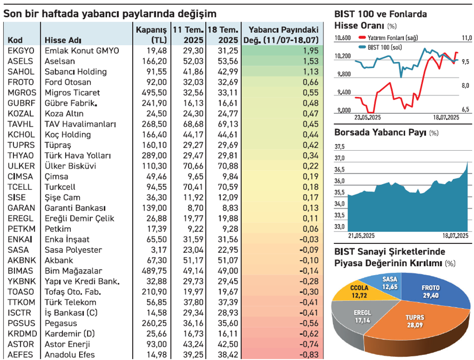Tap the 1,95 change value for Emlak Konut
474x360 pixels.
309,50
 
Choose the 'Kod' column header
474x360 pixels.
15,40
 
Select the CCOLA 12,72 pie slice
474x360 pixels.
357,290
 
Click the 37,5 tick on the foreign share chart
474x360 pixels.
340,147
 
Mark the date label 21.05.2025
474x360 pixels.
361,235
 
